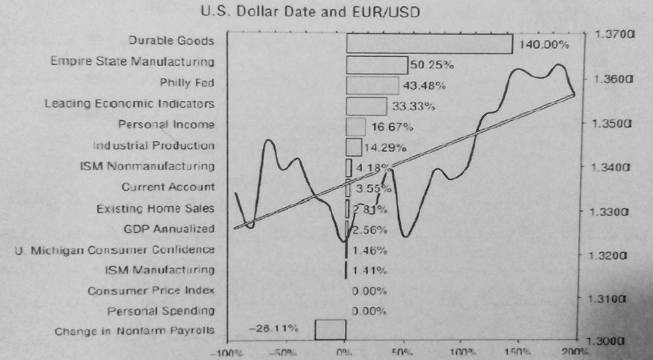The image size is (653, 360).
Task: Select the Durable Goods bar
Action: click(429, 43)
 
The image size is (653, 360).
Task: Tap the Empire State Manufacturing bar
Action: click(377, 65)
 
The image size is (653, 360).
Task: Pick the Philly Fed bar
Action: click(372, 86)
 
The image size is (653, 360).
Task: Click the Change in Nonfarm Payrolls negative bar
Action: click(330, 330)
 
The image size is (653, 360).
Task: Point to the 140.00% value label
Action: click(544, 45)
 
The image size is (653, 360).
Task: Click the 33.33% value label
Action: click(413, 107)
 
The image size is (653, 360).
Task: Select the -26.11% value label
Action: click(274, 328)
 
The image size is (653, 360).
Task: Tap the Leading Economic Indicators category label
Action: click(129, 104)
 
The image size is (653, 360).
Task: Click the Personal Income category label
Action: click(166, 124)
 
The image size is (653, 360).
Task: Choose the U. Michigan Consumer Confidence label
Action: click(115, 250)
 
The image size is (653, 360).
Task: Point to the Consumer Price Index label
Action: click(151, 291)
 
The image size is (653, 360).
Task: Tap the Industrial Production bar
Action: click(354, 147)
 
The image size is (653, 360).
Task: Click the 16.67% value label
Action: click(392, 127)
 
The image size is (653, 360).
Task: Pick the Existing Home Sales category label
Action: click(155, 209)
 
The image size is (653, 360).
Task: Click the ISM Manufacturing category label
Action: click(160, 270)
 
